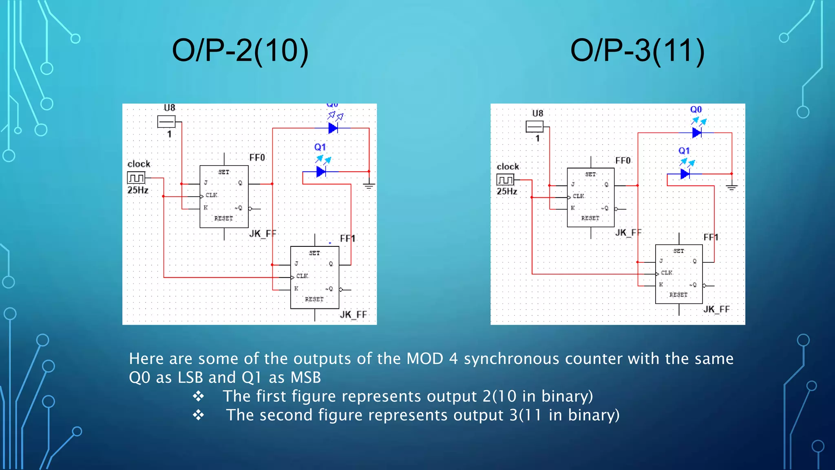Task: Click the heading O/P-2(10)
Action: pyautogui.click(x=240, y=51)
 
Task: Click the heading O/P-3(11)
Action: pyautogui.click(x=637, y=51)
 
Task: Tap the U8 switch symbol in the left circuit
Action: pyautogui.click(x=166, y=122)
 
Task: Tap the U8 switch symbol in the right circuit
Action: pyautogui.click(x=534, y=127)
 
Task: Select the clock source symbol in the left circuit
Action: pyautogui.click(x=136, y=178)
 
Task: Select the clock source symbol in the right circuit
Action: pyautogui.click(x=505, y=180)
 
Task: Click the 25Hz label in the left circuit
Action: pyautogui.click(x=138, y=190)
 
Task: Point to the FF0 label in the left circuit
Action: pyautogui.click(x=257, y=158)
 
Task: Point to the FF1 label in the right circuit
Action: pyautogui.click(x=711, y=237)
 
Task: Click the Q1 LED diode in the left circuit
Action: pyautogui.click(x=321, y=172)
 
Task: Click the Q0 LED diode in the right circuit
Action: pyautogui.click(x=697, y=133)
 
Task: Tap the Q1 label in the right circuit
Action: pyautogui.click(x=684, y=151)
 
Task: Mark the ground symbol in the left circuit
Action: pyautogui.click(x=369, y=186)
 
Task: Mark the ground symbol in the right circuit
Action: pyautogui.click(x=731, y=188)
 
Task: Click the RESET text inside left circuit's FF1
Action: pyautogui.click(x=314, y=299)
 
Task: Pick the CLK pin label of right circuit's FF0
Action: pyautogui.click(x=578, y=196)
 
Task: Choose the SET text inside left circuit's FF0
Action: pyautogui.click(x=223, y=172)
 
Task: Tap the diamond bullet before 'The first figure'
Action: pyautogui.click(x=199, y=396)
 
